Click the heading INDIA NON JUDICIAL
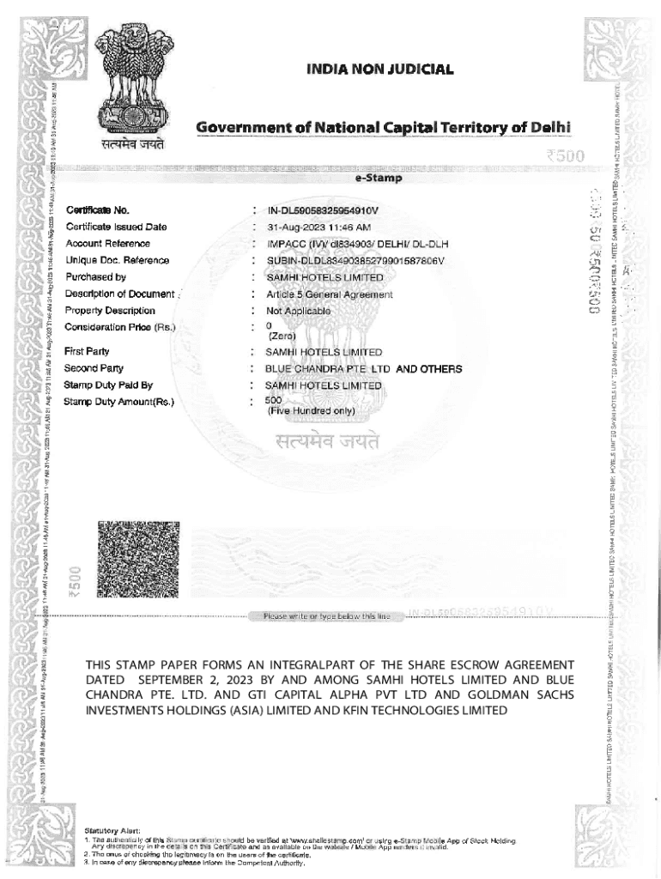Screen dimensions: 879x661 click(x=379, y=70)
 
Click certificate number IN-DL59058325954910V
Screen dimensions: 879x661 click(x=323, y=210)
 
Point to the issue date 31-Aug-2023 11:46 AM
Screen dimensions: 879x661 click(x=319, y=227)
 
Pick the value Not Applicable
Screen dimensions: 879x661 click(x=298, y=311)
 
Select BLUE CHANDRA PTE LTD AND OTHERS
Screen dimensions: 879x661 click(x=364, y=369)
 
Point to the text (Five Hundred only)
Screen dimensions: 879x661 click(x=310, y=411)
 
